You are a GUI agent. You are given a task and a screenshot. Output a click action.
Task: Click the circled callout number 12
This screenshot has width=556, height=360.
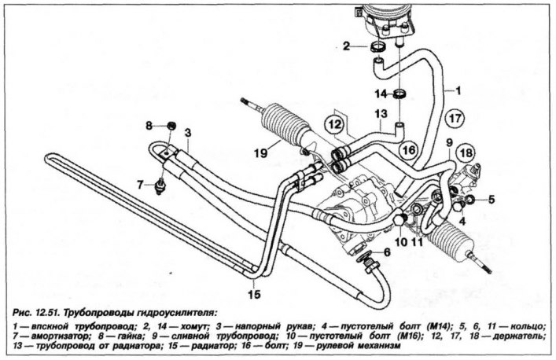point(335,124)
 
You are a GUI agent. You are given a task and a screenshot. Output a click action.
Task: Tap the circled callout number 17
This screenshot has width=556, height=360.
point(455,119)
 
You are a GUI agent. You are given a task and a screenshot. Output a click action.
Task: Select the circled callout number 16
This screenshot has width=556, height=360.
point(409,150)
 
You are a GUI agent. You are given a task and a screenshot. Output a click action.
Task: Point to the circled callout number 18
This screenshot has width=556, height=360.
point(466,153)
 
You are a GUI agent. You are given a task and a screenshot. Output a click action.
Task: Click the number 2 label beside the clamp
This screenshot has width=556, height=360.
point(347,46)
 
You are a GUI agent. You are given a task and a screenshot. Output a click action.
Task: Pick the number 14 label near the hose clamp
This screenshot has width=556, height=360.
point(381,94)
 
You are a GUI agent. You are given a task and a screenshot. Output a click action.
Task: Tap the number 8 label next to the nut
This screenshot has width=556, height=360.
point(149,126)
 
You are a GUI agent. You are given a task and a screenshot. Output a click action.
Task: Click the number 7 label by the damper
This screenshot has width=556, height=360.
point(141,185)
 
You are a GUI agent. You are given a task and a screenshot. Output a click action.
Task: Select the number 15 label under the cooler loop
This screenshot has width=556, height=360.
point(254,294)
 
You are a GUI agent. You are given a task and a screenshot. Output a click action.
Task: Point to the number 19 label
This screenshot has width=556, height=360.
point(260,153)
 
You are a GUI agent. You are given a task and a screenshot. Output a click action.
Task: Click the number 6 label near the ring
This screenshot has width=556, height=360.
point(387,252)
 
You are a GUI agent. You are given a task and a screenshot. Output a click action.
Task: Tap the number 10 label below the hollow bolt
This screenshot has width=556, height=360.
point(401,242)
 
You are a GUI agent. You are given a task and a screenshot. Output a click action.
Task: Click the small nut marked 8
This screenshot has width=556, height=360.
point(171,125)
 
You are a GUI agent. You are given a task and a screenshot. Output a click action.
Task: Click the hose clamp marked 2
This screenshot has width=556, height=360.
point(379,47)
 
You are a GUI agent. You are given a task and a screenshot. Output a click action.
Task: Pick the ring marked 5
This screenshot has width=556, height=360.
point(469,200)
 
